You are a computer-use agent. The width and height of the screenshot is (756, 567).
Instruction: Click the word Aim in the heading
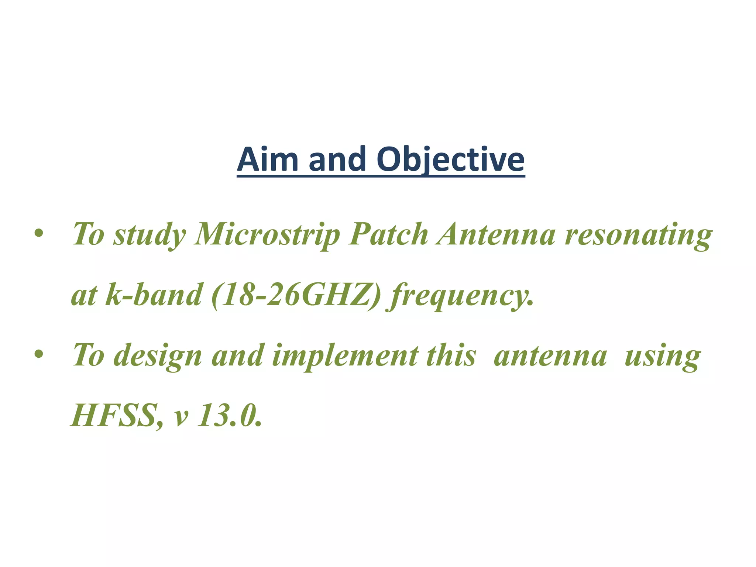(x=268, y=159)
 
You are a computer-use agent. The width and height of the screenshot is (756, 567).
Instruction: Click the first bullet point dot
(x=38, y=234)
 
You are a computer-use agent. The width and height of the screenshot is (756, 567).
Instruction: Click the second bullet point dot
(x=38, y=355)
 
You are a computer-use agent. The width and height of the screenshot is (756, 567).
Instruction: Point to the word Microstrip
(x=267, y=235)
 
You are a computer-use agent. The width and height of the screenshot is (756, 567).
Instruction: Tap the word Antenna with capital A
(x=495, y=235)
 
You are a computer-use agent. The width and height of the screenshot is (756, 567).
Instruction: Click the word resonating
(x=638, y=236)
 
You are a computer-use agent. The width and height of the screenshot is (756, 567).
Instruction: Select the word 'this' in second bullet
(x=451, y=355)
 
